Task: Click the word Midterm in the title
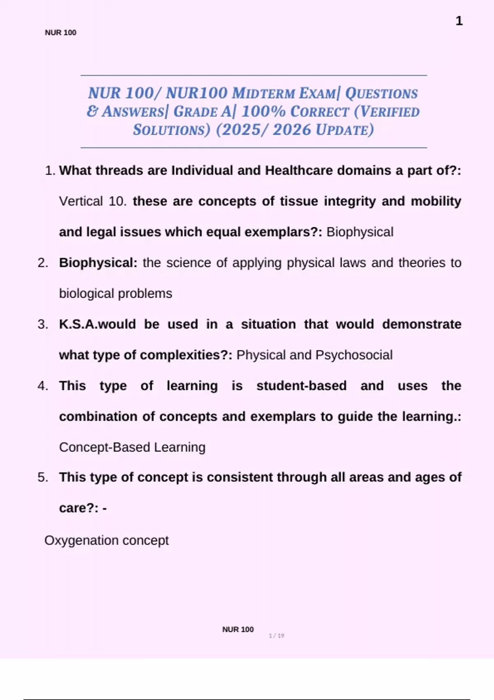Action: point(263,93)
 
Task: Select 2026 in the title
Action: point(292,130)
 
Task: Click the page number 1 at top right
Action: point(459,21)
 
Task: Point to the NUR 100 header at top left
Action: point(61,33)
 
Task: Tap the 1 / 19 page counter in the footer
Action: point(276,636)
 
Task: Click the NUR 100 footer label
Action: point(238,629)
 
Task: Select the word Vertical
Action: point(81,201)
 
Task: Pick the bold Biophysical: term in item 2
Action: point(98,263)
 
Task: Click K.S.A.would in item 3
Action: point(97,324)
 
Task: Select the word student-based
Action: point(301,386)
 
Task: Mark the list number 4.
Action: point(43,386)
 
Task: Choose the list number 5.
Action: point(43,477)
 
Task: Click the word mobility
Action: point(436,201)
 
